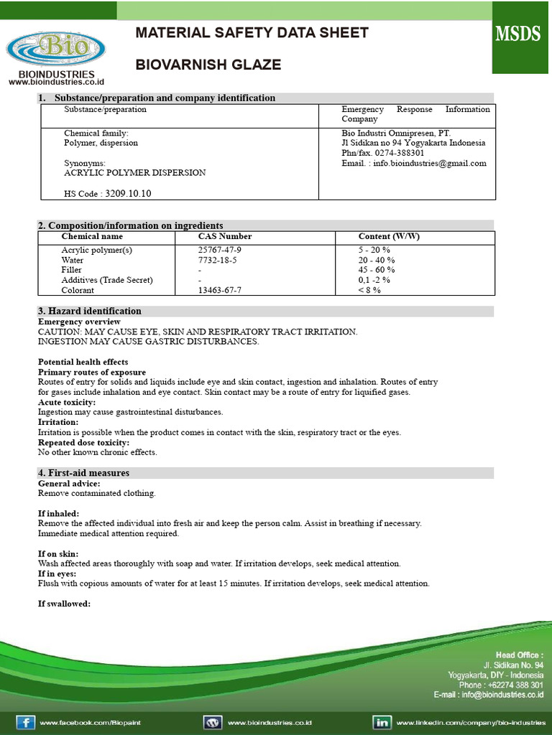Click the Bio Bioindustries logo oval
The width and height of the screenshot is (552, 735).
(x=55, y=49)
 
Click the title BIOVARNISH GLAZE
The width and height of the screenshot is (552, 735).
(x=208, y=65)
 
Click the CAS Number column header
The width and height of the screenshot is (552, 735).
(x=225, y=236)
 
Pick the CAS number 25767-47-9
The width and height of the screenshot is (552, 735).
(x=220, y=250)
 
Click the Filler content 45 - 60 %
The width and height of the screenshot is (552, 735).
(x=377, y=270)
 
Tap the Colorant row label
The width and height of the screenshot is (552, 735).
(x=78, y=290)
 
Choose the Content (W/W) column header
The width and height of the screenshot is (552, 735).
(x=389, y=236)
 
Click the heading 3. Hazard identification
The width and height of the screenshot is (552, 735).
(x=90, y=311)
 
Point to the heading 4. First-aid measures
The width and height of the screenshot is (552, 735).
(x=83, y=473)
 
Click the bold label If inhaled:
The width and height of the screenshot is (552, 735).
(x=59, y=514)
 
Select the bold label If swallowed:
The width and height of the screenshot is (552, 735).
(x=64, y=604)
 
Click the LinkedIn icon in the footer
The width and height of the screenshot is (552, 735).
(x=382, y=721)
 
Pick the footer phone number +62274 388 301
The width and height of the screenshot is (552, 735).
(x=512, y=685)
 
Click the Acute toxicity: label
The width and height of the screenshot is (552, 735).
(x=66, y=402)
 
